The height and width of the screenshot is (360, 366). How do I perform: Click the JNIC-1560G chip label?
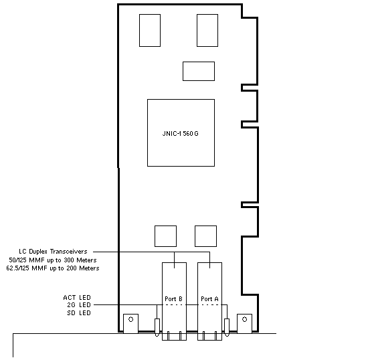(180, 134)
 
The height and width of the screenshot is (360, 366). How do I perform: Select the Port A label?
(209, 299)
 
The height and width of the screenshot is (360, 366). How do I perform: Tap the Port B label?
(173, 299)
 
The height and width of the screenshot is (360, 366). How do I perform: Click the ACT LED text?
(77, 298)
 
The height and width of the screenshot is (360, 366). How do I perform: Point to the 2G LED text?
(79, 305)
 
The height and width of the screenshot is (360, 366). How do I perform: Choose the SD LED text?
(79, 313)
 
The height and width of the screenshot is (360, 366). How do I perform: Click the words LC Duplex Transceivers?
(53, 252)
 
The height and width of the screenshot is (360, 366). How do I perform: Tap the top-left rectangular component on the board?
(150, 30)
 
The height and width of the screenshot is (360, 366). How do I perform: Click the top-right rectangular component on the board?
(207, 30)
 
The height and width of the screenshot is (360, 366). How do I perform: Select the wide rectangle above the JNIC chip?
(199, 71)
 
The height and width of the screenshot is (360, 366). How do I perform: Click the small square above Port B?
(165, 236)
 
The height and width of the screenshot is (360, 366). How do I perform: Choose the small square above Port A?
(205, 236)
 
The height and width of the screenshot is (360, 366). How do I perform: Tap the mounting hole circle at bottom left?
(130, 319)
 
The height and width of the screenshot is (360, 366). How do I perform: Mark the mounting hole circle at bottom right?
(244, 319)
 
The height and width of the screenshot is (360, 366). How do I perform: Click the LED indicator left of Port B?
(157, 327)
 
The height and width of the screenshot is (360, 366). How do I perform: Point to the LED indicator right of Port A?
(227, 327)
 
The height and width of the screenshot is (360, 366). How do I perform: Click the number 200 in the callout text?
(72, 268)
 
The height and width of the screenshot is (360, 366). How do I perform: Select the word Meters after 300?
(86, 260)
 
